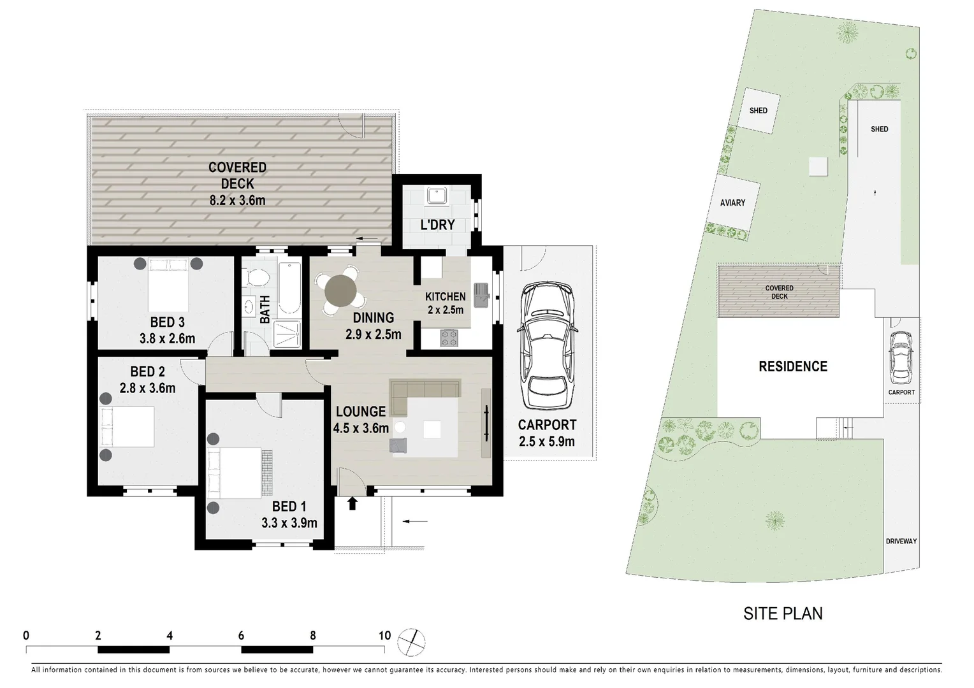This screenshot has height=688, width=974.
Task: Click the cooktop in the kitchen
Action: (449, 338)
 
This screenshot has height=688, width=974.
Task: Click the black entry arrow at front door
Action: (352, 504)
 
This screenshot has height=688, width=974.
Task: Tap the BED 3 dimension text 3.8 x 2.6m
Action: (167, 339)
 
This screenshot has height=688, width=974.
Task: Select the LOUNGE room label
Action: (361, 412)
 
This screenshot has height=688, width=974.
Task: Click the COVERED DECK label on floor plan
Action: (237, 175)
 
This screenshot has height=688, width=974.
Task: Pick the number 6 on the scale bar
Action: (242, 635)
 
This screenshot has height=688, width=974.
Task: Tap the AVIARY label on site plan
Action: (732, 203)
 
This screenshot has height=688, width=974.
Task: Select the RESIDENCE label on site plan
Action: (793, 366)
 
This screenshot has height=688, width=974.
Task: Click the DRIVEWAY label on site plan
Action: (901, 541)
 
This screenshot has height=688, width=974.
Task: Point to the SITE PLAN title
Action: (783, 613)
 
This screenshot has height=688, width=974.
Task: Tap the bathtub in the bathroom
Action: (289, 288)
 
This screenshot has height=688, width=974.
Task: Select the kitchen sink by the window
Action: (481, 296)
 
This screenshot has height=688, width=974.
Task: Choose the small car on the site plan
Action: (901, 357)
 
